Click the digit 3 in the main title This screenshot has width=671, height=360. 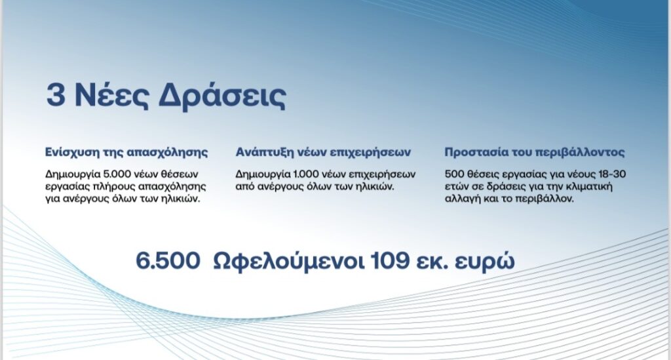56,95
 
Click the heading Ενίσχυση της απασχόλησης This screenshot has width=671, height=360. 126,152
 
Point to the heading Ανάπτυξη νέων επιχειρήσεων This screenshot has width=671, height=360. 323,152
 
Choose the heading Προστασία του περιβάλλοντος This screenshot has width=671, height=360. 535,152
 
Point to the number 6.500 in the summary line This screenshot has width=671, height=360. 168,261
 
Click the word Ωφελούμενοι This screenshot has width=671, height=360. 289,262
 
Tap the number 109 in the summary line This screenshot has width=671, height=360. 390,261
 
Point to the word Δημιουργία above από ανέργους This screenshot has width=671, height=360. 263,174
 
